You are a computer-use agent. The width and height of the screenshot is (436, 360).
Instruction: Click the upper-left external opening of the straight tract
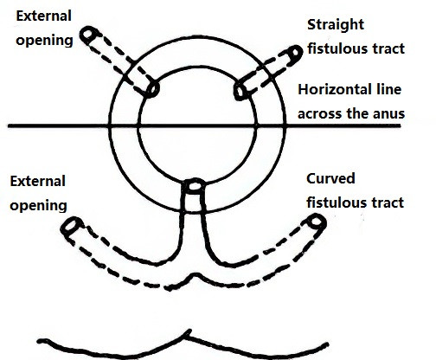click(x=88, y=35)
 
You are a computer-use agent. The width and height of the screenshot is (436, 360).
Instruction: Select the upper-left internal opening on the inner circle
click(x=152, y=89)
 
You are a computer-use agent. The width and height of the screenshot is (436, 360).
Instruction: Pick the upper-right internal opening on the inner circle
click(x=240, y=91)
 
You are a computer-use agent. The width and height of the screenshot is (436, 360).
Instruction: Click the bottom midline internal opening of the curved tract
click(x=194, y=186)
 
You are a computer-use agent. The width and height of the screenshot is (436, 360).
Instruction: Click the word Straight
click(x=336, y=25)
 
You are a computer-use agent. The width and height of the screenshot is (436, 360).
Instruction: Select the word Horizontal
click(x=332, y=89)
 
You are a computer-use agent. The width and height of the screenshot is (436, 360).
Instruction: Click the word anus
click(x=389, y=113)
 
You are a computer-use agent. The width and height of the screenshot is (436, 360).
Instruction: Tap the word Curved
click(x=330, y=179)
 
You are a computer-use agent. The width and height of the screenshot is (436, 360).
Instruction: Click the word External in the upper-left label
click(x=44, y=16)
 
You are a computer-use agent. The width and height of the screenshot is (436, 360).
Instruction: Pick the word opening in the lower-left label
click(x=38, y=206)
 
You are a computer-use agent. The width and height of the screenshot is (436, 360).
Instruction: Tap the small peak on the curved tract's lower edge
click(x=196, y=274)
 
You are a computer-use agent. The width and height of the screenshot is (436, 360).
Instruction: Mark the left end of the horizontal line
click(x=8, y=125)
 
